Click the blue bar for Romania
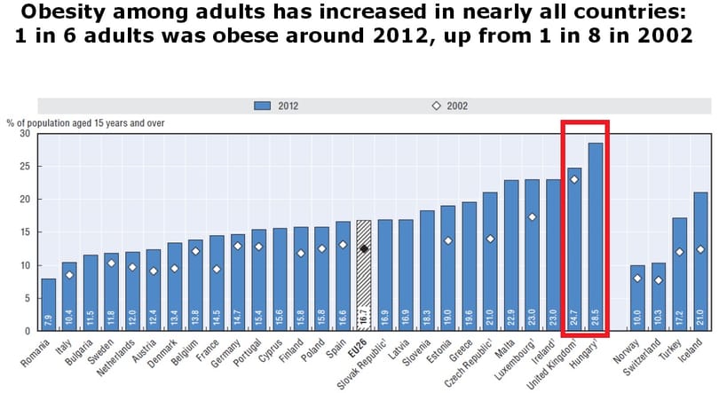49,304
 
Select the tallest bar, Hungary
596,236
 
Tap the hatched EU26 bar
364,275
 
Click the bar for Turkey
680,274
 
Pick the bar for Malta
511,255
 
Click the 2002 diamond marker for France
217,270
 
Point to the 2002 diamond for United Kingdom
574,179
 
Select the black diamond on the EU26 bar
364,248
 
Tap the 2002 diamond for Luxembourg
532,216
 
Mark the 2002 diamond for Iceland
700,249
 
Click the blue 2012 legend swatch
262,106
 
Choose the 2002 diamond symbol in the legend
436,106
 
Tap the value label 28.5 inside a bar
596,318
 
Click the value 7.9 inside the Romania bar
49,319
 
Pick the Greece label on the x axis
461,350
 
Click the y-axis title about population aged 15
85,123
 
